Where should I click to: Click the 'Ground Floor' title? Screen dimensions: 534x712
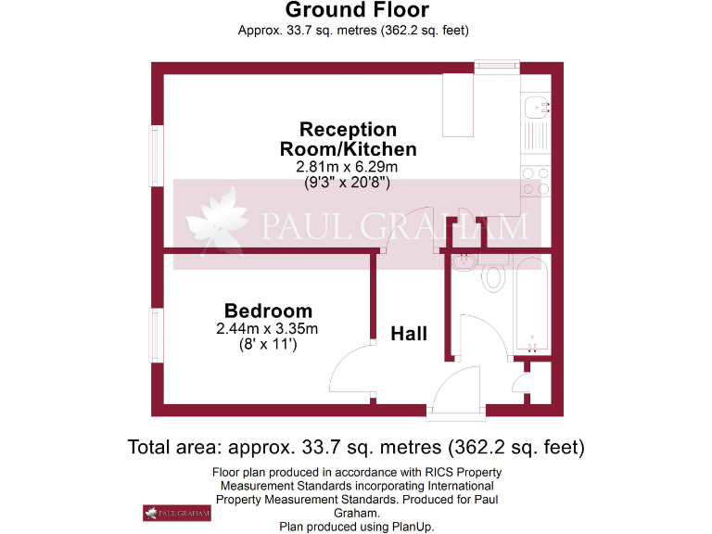357,11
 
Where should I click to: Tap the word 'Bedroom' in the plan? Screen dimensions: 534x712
268,311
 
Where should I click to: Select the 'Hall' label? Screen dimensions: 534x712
409,334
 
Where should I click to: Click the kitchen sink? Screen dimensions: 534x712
536,109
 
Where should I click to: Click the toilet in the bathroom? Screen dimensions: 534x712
493,276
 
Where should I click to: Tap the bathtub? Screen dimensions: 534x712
532,307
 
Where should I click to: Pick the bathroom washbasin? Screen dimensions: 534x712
463,263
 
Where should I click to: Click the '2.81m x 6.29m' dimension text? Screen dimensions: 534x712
347,167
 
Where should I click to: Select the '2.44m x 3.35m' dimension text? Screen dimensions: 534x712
268,328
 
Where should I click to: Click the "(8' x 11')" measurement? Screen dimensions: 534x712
268,344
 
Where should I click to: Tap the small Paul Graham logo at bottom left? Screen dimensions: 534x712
175,513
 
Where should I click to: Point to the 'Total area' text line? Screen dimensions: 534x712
356,448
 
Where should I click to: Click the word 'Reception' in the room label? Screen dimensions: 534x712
348,129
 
